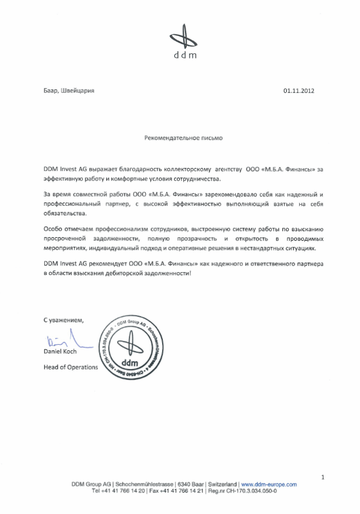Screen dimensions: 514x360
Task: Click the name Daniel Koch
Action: [60, 351]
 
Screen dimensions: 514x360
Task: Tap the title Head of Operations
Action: [71, 367]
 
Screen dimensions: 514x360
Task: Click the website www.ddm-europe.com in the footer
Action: [268, 484]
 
